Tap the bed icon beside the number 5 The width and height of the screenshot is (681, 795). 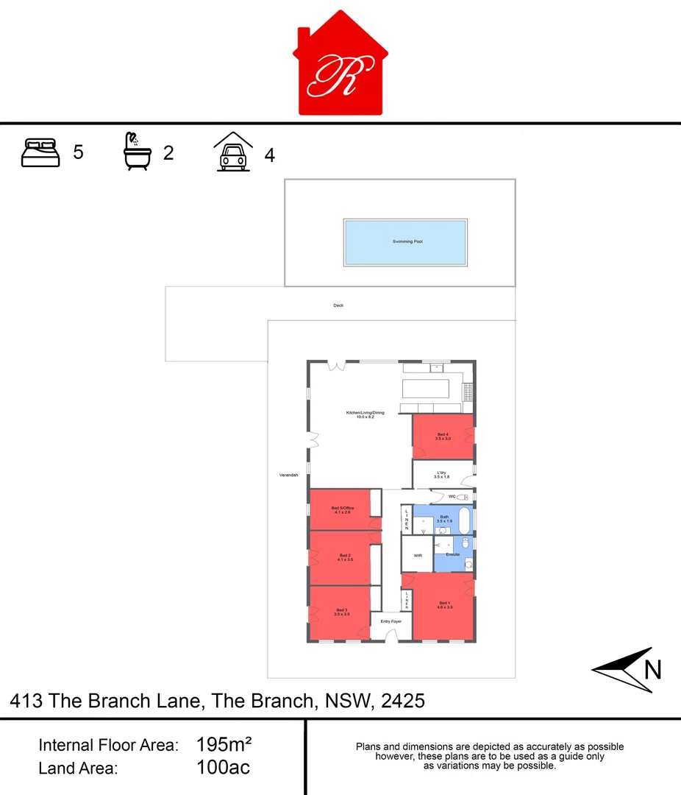[40, 152]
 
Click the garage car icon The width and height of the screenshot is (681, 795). [233, 152]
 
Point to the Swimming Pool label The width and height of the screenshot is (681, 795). [407, 241]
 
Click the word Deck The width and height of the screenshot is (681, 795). [338, 305]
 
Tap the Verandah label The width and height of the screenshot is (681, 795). [288, 476]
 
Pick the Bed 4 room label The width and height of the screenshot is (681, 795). [443, 436]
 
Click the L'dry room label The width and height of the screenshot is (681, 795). [442, 474]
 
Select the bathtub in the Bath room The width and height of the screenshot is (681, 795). [463, 521]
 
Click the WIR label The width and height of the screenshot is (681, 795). [417, 556]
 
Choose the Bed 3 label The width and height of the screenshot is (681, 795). [341, 611]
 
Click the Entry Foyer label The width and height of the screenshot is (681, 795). [391, 622]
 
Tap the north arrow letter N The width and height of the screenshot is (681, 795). [653, 670]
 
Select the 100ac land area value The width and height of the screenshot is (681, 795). [223, 768]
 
